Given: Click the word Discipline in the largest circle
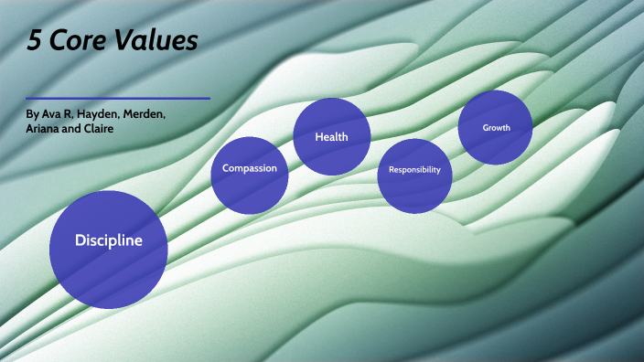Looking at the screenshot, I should click(x=109, y=241).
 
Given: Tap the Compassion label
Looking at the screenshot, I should click(x=250, y=168).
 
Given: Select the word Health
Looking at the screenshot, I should click(x=330, y=137).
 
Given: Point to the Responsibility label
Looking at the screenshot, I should click(x=414, y=170).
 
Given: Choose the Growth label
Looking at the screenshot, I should click(x=496, y=128).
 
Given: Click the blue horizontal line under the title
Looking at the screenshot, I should click(x=118, y=98).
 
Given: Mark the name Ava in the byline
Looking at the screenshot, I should click(x=51, y=114).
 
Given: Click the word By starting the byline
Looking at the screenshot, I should click(x=33, y=114).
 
